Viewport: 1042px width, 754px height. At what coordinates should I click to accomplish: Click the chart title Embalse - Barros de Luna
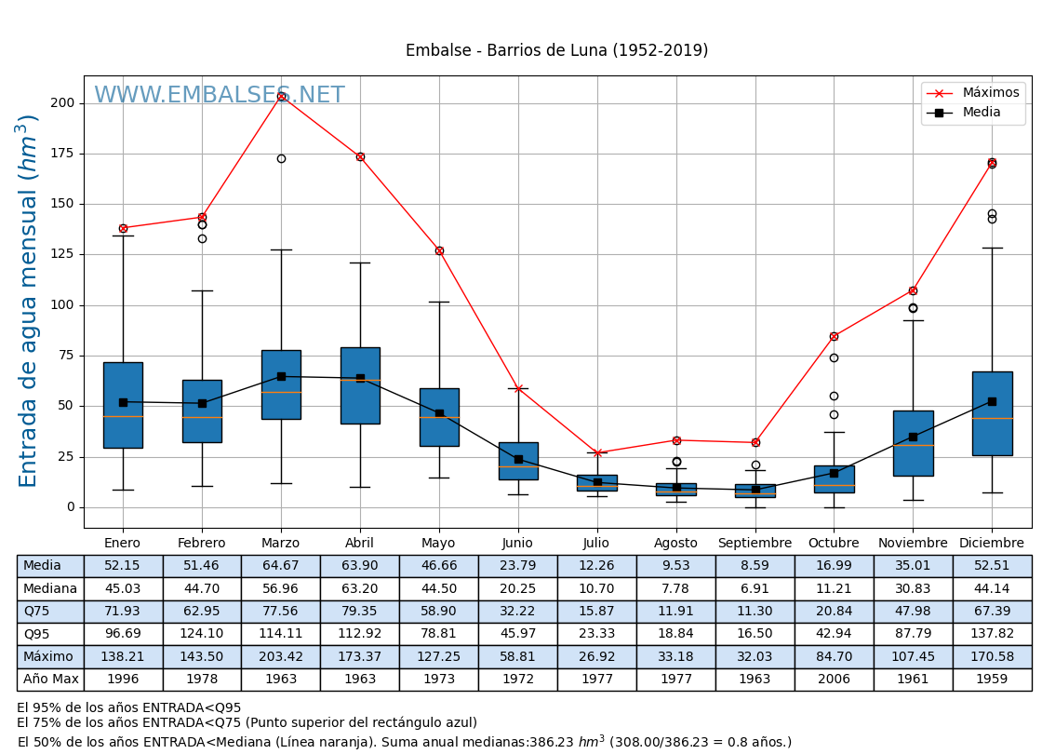click(x=556, y=51)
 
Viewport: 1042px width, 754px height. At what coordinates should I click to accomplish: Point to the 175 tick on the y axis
click(x=61, y=154)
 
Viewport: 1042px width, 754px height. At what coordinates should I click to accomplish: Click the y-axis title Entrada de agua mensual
click(x=29, y=301)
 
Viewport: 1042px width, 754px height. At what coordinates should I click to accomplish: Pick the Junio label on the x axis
click(x=517, y=544)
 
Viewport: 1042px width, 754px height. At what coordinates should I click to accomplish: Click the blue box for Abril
click(x=360, y=385)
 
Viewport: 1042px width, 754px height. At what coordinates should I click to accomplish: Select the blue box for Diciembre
click(x=992, y=413)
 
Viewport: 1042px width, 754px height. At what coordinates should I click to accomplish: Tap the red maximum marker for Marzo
click(x=281, y=96)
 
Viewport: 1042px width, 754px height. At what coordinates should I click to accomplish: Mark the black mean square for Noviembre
click(x=913, y=437)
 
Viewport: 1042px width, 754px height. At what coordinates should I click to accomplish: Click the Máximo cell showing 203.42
click(x=281, y=657)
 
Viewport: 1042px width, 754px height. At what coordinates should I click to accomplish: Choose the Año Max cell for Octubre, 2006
click(x=834, y=680)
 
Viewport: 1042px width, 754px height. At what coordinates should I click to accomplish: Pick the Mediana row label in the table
click(x=50, y=589)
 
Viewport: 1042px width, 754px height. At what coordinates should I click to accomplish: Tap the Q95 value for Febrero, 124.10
click(x=202, y=634)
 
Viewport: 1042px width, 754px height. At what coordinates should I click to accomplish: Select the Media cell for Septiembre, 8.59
click(x=755, y=566)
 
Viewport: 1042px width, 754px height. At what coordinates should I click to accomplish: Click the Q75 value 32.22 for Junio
click(x=517, y=612)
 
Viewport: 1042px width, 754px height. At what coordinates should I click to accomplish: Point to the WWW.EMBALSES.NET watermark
click(x=219, y=96)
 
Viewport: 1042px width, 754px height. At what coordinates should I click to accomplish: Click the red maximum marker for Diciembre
click(x=992, y=163)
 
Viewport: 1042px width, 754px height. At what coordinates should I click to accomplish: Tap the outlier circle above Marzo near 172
click(x=281, y=158)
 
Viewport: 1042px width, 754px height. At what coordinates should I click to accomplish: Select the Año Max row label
click(x=50, y=680)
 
